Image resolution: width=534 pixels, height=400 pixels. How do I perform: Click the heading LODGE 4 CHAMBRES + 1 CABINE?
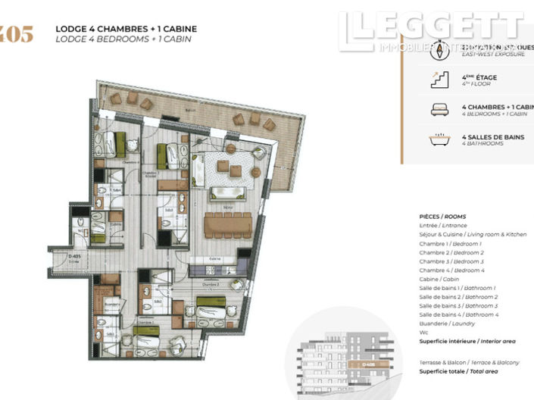tap(126, 29)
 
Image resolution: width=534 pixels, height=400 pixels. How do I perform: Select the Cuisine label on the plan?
tap(216, 259)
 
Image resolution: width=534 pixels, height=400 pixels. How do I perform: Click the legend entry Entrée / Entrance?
tap(443, 226)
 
